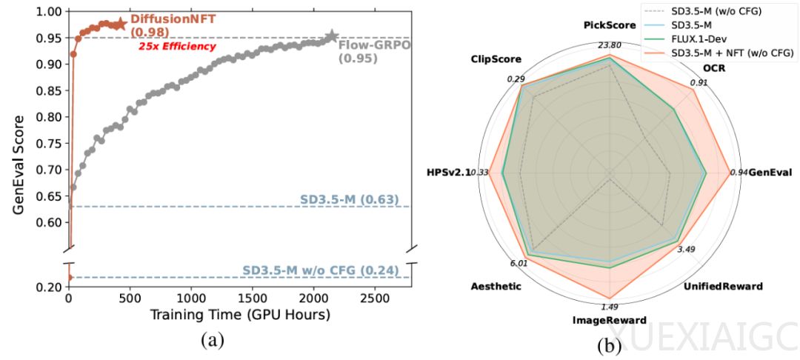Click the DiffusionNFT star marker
119,24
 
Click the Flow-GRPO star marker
332,36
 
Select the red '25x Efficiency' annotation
178,47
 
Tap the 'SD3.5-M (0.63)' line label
350,199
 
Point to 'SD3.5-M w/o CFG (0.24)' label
321,270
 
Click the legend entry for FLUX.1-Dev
703,40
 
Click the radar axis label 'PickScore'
609,25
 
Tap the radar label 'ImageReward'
610,321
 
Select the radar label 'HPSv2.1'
448,173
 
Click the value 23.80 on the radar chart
610,43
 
